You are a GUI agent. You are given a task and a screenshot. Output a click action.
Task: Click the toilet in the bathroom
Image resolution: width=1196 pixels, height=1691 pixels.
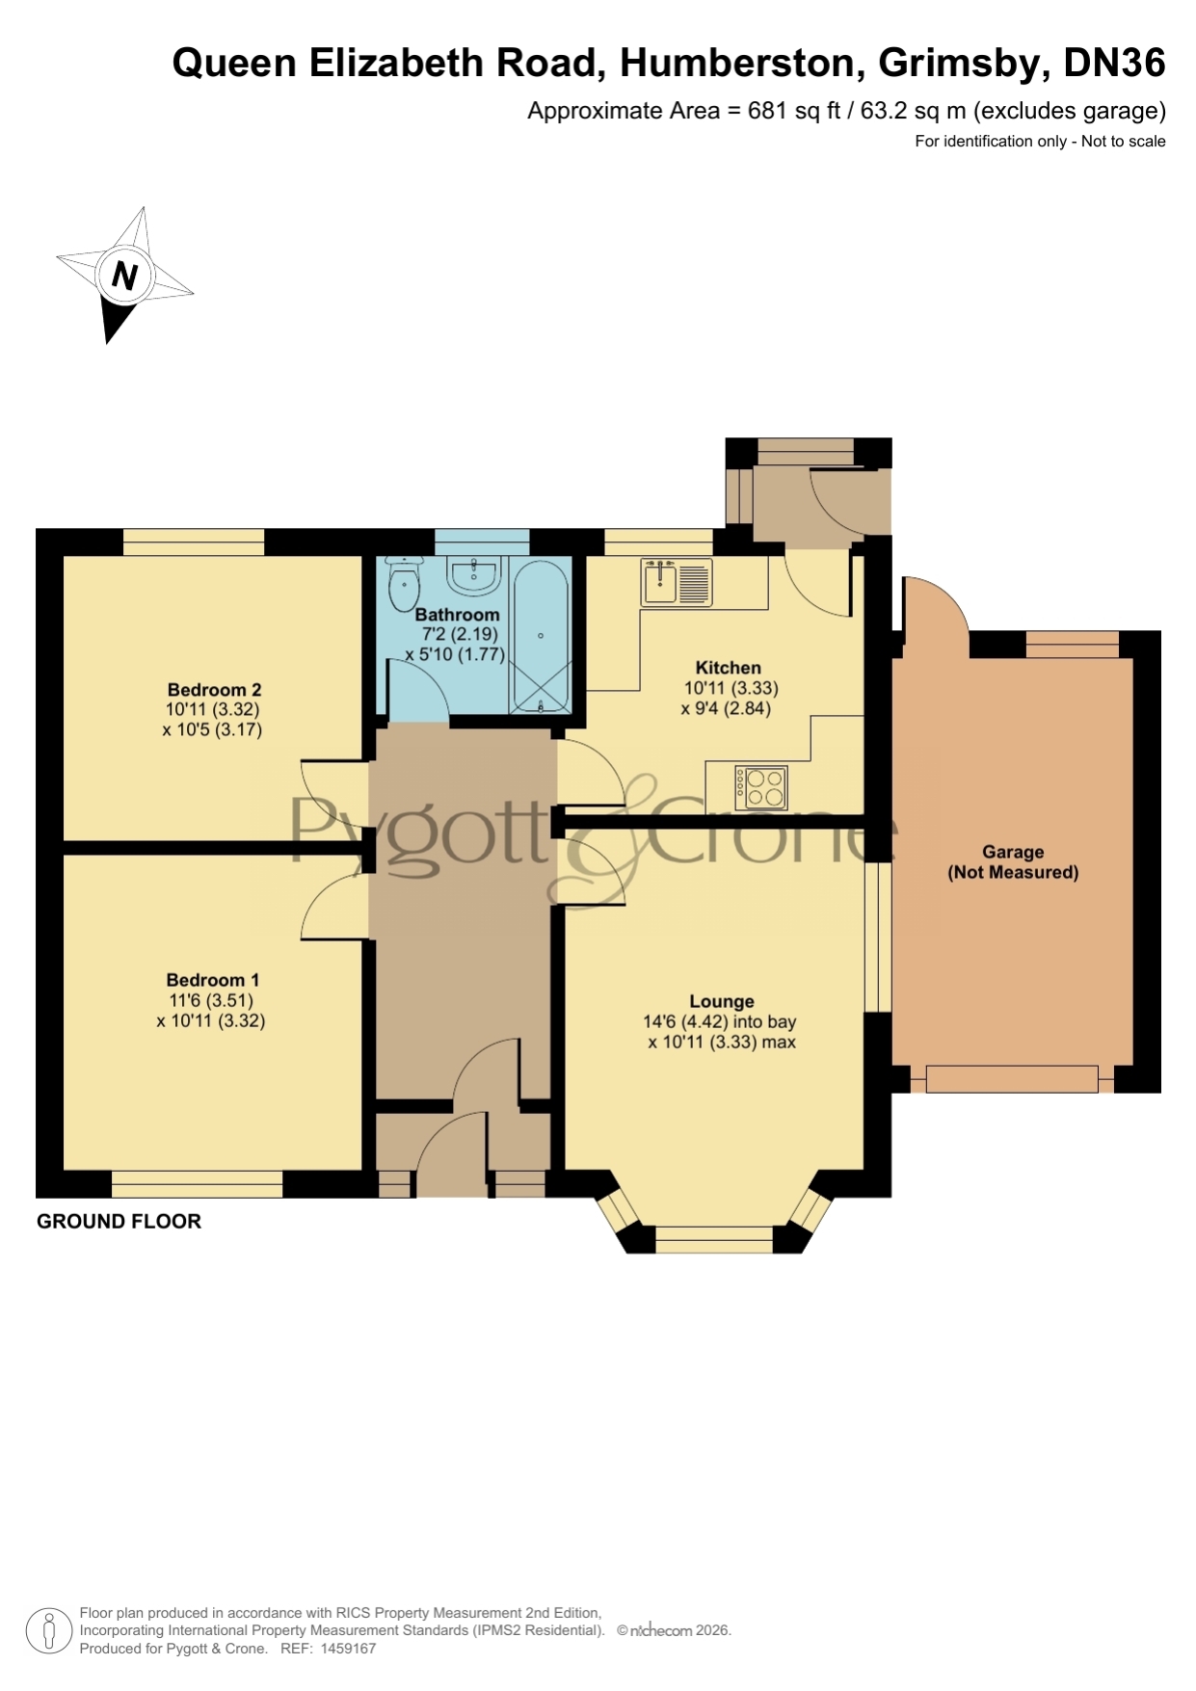(405, 582)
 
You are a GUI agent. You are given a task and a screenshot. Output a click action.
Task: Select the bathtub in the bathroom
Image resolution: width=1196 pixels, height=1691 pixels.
(540, 636)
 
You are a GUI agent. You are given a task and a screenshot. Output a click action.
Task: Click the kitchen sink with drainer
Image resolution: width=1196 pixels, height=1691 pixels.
(677, 582)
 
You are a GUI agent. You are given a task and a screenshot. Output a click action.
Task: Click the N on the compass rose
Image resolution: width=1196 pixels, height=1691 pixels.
(124, 276)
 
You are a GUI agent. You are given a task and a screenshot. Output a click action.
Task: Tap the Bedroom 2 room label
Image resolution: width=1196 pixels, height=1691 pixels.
(214, 690)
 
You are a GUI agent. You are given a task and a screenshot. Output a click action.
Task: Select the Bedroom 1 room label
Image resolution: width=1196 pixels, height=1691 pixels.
(212, 980)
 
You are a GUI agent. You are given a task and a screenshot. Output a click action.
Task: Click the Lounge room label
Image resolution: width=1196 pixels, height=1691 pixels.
(721, 1001)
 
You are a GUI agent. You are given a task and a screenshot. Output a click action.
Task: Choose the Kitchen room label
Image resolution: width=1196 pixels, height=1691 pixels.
(729, 668)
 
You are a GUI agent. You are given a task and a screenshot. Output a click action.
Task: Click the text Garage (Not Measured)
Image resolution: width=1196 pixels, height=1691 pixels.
(1013, 862)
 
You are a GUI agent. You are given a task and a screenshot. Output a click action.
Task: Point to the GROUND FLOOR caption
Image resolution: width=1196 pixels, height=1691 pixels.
(119, 1222)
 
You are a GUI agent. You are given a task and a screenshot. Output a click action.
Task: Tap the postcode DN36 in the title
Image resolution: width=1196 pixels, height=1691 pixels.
(1114, 63)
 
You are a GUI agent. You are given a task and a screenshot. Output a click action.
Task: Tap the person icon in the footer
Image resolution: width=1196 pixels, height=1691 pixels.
(48, 1631)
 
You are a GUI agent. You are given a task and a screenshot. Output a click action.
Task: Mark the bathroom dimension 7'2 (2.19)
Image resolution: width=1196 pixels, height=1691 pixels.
(460, 634)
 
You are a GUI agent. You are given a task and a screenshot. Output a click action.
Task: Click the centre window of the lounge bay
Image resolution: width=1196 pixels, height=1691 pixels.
(714, 1239)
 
